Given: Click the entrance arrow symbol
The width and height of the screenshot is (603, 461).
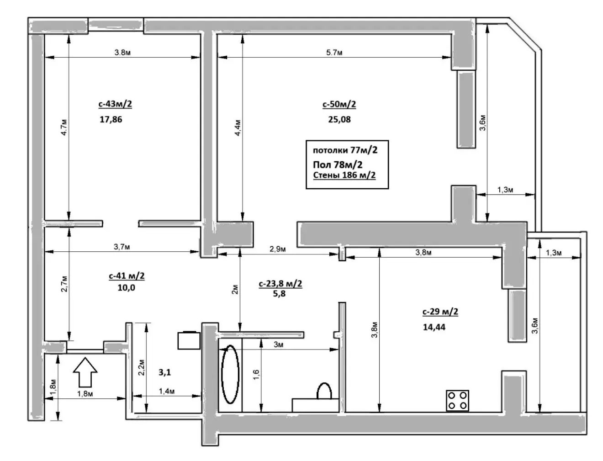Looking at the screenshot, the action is (x=85, y=372).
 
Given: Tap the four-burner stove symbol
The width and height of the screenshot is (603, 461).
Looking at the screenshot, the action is (x=457, y=401).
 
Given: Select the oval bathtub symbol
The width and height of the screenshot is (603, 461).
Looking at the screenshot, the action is (x=230, y=375).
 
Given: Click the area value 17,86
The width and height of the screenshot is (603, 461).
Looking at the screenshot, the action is (x=111, y=120).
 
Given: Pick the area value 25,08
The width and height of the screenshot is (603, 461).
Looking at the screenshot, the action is (x=339, y=120).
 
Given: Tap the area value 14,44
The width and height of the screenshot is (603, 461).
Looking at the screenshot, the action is (x=434, y=327).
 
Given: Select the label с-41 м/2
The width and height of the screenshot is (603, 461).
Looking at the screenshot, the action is (x=127, y=276).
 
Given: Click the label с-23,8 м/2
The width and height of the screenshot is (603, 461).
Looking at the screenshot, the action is (x=280, y=284).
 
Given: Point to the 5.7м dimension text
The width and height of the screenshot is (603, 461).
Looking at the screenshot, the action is (x=334, y=52).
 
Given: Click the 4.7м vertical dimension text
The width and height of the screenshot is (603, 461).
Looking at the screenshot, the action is (x=63, y=127).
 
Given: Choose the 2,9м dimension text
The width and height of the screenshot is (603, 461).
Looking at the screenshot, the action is (x=277, y=249).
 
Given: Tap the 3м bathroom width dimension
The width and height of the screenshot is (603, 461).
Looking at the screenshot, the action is (x=278, y=344).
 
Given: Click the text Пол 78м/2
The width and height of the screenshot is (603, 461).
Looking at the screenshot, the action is (x=338, y=164).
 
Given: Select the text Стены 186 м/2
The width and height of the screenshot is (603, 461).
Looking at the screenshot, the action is (x=344, y=175).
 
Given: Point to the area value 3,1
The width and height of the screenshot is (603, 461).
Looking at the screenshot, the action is (x=164, y=372).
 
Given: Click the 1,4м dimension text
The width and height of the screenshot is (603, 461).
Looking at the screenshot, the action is (x=166, y=391).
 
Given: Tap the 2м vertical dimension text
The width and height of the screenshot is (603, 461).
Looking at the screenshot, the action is (x=235, y=290).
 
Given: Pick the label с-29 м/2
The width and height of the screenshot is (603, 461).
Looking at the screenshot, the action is (x=440, y=312).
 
